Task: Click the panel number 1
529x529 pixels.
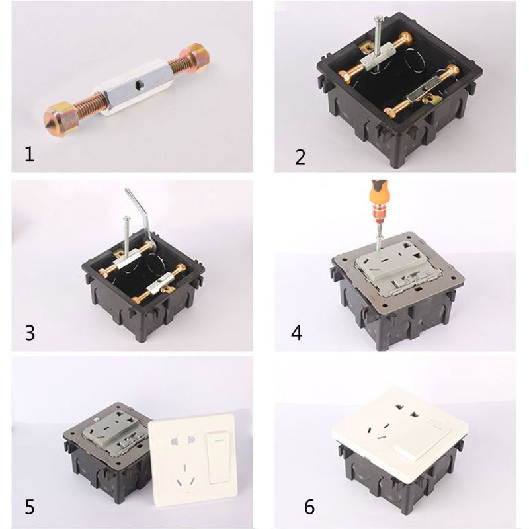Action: [28, 155]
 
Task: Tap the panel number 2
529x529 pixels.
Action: [301, 157]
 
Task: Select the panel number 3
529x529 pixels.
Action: [30, 332]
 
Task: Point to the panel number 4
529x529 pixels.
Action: [297, 332]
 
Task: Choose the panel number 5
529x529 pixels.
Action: [30, 508]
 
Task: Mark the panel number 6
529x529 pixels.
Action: [309, 508]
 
